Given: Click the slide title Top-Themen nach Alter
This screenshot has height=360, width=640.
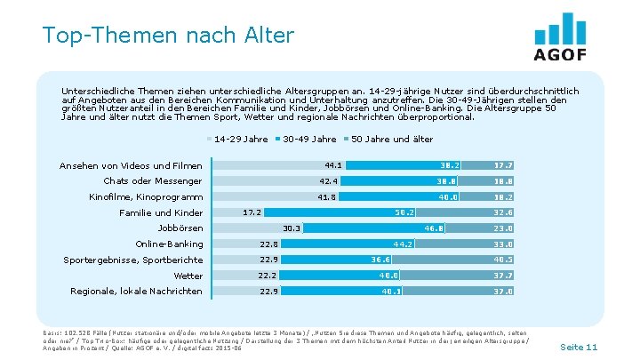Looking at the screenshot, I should coord(167,36).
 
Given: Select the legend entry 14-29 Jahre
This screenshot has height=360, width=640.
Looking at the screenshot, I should coord(241,139).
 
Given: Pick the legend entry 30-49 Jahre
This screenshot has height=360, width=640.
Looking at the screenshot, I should coord(308,139).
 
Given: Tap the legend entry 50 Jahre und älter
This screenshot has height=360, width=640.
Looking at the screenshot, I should coord(392,139).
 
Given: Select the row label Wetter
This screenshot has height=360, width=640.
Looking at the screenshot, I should coord(188,276).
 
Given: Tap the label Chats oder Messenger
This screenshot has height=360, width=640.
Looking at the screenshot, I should coord(147,181).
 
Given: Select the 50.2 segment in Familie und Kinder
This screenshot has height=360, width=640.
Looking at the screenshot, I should coord(405,212).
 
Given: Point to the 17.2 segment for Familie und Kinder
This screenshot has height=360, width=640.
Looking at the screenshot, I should coord(252,212).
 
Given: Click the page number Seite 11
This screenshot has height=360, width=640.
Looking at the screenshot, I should coord(580,346).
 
